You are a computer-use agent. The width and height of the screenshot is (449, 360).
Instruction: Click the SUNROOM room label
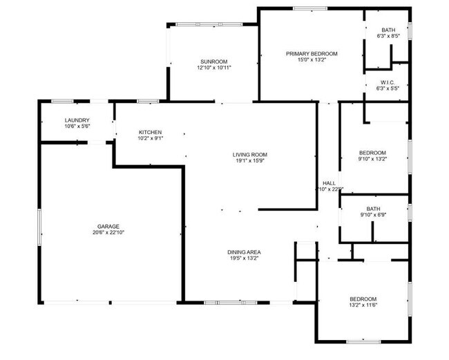(x=214, y=61)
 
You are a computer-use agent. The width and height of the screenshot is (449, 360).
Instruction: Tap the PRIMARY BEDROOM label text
(x=312, y=53)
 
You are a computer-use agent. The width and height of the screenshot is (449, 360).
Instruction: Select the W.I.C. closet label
(x=388, y=82)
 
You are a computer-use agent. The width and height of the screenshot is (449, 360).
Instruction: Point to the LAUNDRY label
(x=77, y=120)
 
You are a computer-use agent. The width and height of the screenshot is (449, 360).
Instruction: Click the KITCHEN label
(x=150, y=132)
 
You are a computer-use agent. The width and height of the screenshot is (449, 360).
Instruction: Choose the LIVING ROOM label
(x=250, y=154)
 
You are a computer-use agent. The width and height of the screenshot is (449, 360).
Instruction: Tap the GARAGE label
(x=108, y=226)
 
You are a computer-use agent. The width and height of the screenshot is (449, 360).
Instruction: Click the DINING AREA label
(x=245, y=252)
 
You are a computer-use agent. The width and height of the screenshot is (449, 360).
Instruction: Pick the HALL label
(x=329, y=183)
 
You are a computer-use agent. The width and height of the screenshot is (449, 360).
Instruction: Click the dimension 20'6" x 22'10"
(x=108, y=232)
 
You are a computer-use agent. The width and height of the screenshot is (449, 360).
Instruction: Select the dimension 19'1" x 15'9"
(x=250, y=160)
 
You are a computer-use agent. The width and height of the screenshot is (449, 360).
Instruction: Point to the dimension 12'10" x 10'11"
(x=214, y=68)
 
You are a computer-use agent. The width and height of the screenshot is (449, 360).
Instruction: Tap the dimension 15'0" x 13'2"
(x=312, y=59)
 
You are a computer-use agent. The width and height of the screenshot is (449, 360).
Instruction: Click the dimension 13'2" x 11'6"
(x=363, y=305)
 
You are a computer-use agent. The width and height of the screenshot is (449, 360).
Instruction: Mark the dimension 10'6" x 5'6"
(x=77, y=126)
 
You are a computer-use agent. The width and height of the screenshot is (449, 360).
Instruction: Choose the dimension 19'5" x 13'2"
(x=245, y=258)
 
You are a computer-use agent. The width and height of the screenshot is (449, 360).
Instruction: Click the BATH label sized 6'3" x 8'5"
(x=389, y=30)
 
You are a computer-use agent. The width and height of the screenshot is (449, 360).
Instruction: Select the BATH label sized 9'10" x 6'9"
(x=374, y=209)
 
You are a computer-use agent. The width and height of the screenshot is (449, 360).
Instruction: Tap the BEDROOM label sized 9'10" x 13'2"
(x=372, y=153)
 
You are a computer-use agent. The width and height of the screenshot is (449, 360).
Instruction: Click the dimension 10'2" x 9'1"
(x=150, y=138)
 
